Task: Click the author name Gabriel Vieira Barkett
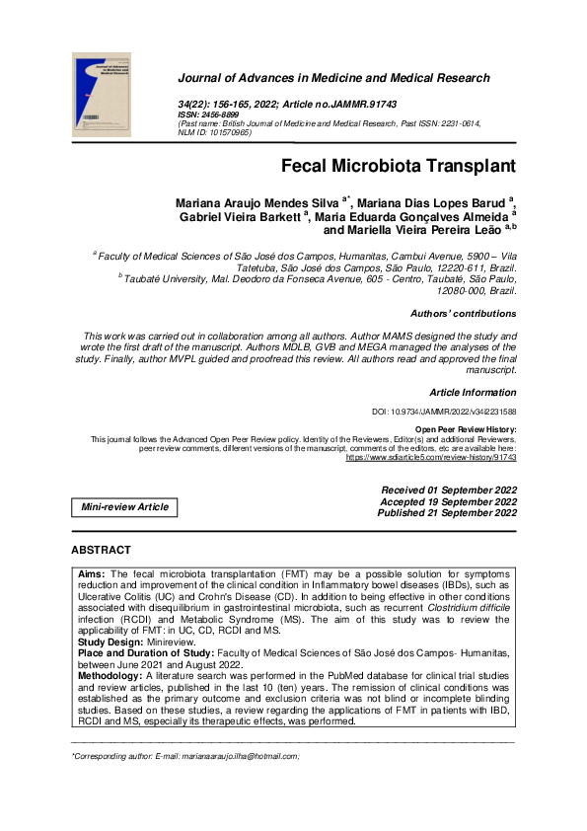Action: [x=241, y=217]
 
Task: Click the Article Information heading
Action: [x=473, y=393]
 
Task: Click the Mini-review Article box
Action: [x=124, y=507]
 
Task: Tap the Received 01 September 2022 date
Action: [x=449, y=491]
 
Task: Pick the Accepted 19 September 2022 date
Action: [x=449, y=501]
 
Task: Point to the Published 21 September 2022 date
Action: [x=447, y=513]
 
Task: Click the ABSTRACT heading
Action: [x=101, y=550]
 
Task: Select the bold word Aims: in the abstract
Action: [x=92, y=573]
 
